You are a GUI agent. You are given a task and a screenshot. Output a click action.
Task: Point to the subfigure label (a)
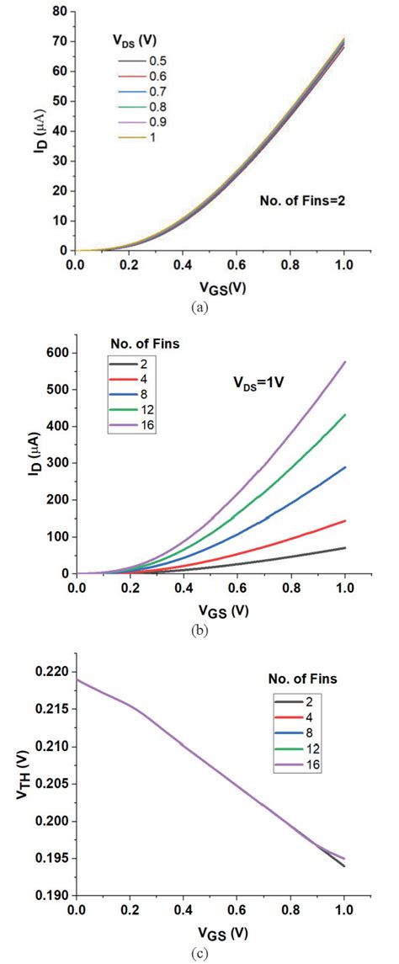tap(199, 308)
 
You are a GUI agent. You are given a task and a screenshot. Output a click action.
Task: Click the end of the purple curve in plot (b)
tap(345, 362)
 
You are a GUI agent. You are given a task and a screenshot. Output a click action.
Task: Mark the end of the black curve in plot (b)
tap(345, 547)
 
